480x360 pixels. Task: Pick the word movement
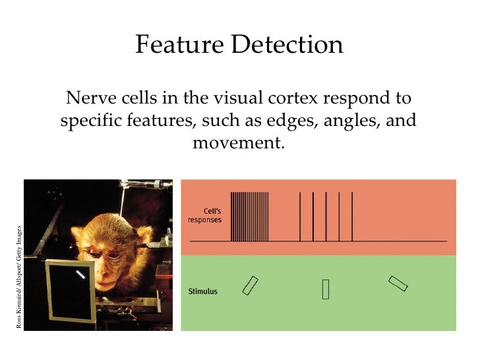(239, 142)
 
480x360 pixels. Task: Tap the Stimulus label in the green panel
(202, 290)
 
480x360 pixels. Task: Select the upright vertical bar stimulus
(326, 289)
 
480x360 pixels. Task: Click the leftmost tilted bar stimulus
(251, 285)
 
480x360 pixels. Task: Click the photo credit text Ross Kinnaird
(19, 310)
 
